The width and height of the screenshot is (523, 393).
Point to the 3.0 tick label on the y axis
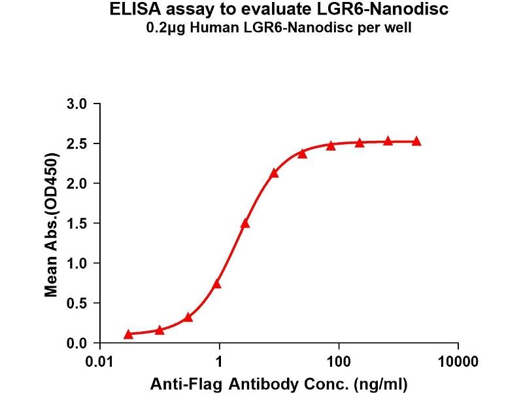point(77,103)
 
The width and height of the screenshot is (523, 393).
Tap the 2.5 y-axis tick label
point(77,143)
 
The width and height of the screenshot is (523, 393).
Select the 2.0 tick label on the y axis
point(77,183)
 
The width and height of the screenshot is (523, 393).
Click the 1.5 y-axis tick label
point(77,223)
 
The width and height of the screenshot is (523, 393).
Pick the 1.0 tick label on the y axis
point(77,263)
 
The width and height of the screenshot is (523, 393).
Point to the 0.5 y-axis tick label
point(77,303)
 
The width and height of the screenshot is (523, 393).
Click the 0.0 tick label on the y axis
point(77,343)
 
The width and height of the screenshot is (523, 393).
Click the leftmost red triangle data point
point(129,334)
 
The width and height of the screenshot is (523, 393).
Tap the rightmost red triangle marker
point(416,141)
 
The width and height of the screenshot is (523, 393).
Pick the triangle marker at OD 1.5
point(245,223)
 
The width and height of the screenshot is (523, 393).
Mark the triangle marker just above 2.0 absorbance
point(274,173)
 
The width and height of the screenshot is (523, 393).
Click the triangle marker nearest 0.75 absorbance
point(217,284)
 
